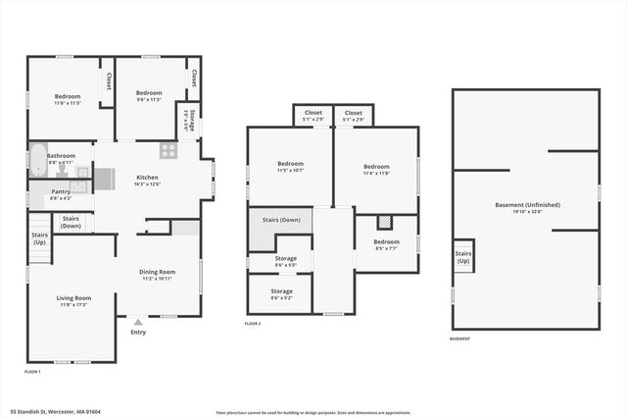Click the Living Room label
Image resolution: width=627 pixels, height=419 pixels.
pyautogui.click(x=73, y=300)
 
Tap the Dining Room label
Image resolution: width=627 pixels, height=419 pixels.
pyautogui.click(x=156, y=274)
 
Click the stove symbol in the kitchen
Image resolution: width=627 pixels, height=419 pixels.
pyautogui.click(x=169, y=151)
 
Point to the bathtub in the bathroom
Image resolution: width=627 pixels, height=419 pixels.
pyautogui.click(x=37, y=160)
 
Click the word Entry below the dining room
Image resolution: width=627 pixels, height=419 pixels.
pyautogui.click(x=138, y=332)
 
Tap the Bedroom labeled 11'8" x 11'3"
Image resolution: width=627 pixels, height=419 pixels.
pyautogui.click(x=67, y=98)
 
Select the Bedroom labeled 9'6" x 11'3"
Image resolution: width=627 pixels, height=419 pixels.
pyautogui.click(x=149, y=95)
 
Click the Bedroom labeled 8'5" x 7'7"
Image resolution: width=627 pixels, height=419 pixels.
pyautogui.click(x=386, y=244)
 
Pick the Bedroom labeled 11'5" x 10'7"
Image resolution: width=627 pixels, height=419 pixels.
pyautogui.click(x=290, y=167)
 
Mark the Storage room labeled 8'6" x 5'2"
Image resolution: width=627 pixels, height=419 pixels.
pyautogui.click(x=282, y=293)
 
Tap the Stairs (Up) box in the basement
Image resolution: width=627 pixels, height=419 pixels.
pyautogui.click(x=463, y=256)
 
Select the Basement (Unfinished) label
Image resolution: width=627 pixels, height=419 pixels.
pyautogui.click(x=527, y=207)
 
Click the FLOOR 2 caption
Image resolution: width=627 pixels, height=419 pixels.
pyautogui.click(x=253, y=323)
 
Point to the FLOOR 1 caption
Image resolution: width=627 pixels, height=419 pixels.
pyautogui.click(x=32, y=372)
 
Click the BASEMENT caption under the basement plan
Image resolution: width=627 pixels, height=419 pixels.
pyautogui.click(x=459, y=339)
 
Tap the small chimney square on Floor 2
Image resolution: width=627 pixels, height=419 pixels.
pyautogui.click(x=385, y=222)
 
